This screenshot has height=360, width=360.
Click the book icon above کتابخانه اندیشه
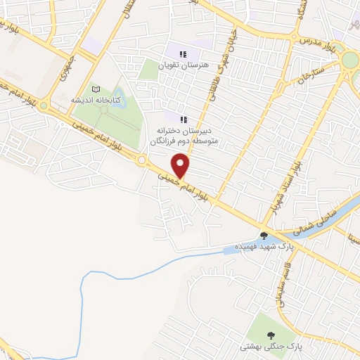[x=96, y=89]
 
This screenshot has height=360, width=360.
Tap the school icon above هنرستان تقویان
[x=183, y=53]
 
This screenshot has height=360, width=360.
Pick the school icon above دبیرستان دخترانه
[x=184, y=120]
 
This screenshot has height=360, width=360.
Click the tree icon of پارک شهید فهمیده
[x=264, y=236]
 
